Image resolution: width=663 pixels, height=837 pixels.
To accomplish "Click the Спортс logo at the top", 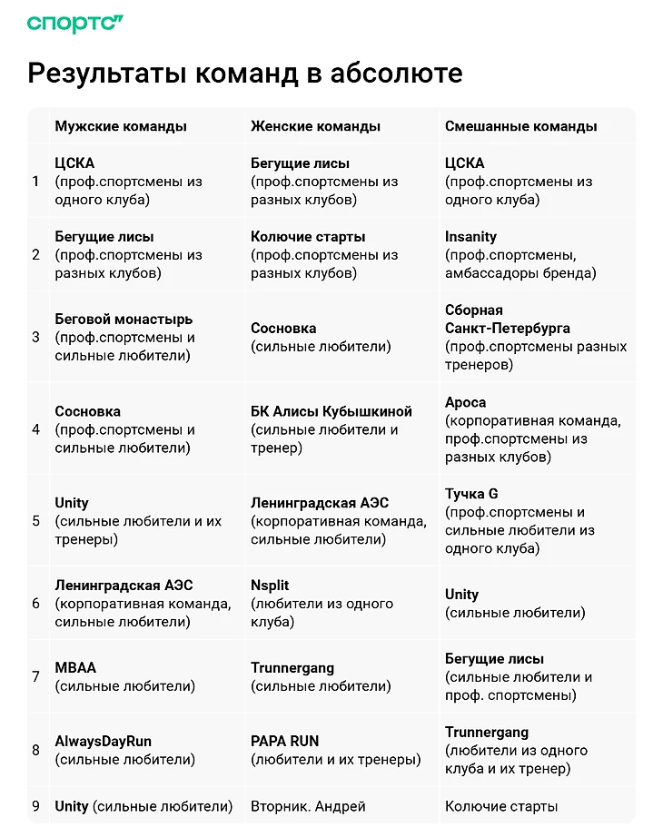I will (x=75, y=24).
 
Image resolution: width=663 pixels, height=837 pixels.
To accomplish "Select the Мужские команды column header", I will (x=121, y=126).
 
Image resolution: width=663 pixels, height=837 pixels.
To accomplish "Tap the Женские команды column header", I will (x=315, y=126).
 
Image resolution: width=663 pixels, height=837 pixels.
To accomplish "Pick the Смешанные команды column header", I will (x=520, y=126).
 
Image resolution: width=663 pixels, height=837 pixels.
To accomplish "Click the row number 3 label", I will (x=36, y=337).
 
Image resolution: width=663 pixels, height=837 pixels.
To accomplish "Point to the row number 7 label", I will (x=36, y=676).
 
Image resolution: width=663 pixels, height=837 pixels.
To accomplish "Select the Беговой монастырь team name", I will (x=124, y=319).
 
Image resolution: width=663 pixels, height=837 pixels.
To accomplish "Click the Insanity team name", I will (x=470, y=236).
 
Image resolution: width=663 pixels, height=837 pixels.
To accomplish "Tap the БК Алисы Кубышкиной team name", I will (x=331, y=411).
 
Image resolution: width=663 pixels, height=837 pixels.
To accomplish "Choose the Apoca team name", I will (x=465, y=402).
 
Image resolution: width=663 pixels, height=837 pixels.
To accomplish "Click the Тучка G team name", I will (x=471, y=494).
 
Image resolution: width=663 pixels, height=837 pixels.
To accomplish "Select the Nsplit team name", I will (x=270, y=586).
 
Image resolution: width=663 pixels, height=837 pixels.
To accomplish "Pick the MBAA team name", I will (x=75, y=667).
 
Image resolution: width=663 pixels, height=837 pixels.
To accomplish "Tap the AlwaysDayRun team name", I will (x=104, y=741).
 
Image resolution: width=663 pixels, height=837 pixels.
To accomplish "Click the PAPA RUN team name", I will (x=284, y=741).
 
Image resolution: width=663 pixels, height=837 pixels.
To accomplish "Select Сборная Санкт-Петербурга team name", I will (x=507, y=319).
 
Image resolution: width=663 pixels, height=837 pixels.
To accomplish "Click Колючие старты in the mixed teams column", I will (x=501, y=806).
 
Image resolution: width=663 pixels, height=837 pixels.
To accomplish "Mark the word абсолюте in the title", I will (x=400, y=74).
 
